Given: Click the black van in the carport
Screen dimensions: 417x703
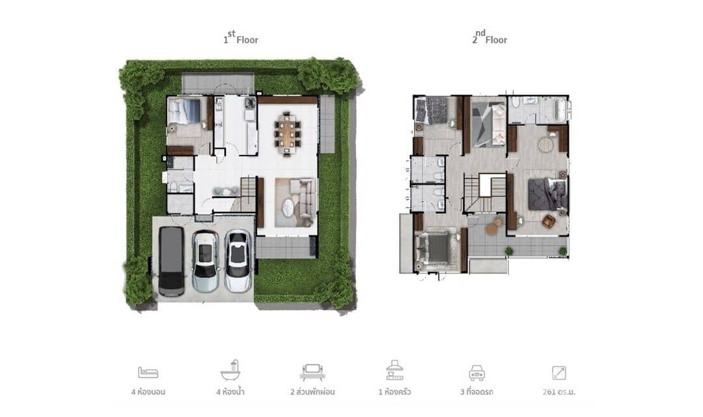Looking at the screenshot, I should (x=171, y=261).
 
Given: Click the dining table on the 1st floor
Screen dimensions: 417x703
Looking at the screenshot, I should (x=287, y=130).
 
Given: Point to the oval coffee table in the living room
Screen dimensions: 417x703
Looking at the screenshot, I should (x=288, y=208).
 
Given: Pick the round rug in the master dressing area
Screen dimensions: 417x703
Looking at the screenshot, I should (x=545, y=144).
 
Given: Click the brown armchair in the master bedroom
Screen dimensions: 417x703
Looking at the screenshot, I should (x=548, y=222).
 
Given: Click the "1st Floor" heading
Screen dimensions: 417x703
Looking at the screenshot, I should (x=241, y=39).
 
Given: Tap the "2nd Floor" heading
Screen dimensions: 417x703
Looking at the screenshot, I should (x=490, y=39).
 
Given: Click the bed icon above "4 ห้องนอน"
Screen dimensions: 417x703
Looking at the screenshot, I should (x=148, y=373).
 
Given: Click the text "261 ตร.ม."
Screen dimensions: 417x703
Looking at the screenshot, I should (x=559, y=392).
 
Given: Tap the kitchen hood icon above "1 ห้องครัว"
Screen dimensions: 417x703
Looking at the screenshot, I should (x=394, y=371).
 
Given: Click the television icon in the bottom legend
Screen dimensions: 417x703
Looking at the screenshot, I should (x=312, y=371).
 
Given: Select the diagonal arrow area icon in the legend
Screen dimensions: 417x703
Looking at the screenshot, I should (x=559, y=373).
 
